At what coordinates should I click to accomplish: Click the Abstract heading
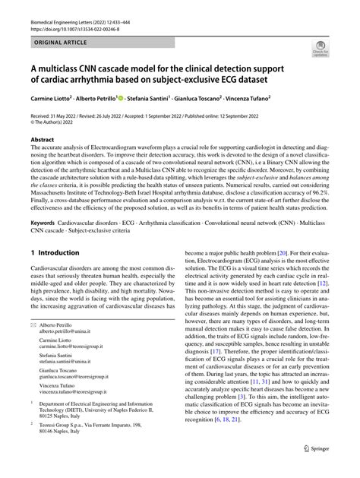coord(42,140)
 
